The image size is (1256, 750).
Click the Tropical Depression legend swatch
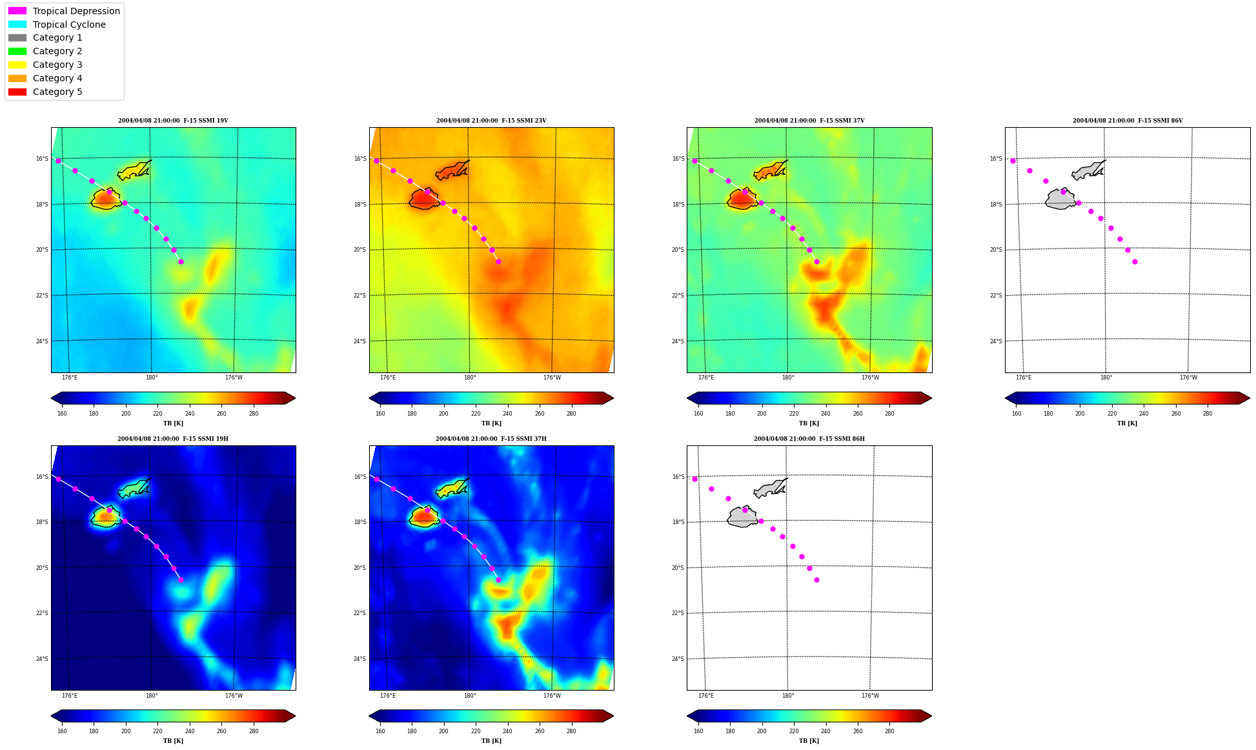click(x=17, y=11)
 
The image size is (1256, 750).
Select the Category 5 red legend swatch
click(x=17, y=92)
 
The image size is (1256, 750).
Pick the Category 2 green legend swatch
click(x=17, y=51)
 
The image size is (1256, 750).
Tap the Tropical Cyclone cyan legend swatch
click(x=17, y=25)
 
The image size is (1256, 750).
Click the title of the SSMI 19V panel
click(x=173, y=121)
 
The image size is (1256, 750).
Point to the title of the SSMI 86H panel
click(x=809, y=439)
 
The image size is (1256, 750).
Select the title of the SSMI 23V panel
click(x=491, y=121)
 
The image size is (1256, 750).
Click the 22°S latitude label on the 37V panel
click(x=678, y=296)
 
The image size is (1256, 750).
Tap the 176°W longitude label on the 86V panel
click(x=1188, y=378)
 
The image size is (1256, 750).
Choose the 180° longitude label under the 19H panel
click(x=152, y=696)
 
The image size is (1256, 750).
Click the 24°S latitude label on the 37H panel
click(x=360, y=659)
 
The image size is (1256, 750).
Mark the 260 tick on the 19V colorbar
click(x=221, y=414)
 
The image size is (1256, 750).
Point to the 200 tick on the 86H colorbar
click(x=762, y=731)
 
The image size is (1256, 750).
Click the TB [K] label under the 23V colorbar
click(x=491, y=423)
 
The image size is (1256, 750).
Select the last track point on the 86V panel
click(x=1135, y=261)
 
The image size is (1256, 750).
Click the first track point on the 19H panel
click(x=58, y=479)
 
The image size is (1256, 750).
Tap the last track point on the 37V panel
click(x=816, y=261)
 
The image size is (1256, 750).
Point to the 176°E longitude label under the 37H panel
click(x=388, y=696)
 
